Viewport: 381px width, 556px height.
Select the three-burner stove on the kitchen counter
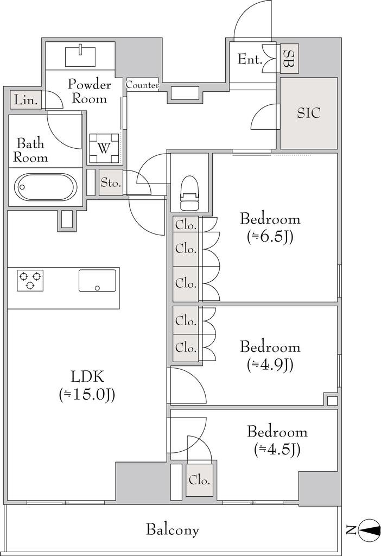click(x=30, y=280)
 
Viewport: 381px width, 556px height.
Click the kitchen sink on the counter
click(x=97, y=280)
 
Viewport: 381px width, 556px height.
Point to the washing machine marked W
click(x=104, y=148)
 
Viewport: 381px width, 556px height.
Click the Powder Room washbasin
click(x=81, y=55)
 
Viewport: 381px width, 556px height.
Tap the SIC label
click(x=308, y=113)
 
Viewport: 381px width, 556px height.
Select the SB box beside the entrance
click(x=289, y=59)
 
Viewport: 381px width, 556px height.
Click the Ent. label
click(x=250, y=59)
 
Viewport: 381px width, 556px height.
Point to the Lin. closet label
click(x=26, y=100)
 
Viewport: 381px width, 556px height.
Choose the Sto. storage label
click(x=111, y=182)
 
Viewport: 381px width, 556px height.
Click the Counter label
click(x=143, y=85)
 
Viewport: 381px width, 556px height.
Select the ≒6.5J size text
click(x=270, y=237)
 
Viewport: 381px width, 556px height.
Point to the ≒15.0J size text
click(x=87, y=394)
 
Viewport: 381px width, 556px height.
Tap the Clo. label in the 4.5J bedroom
click(x=200, y=481)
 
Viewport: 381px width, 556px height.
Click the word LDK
click(x=87, y=377)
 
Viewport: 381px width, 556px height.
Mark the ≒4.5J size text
click(x=277, y=450)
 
